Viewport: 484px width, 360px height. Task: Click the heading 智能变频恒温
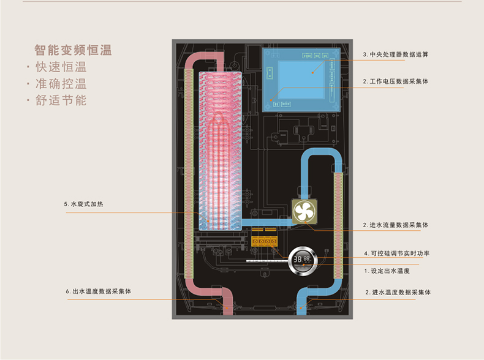(x=73, y=50)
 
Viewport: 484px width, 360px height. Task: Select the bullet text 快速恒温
(x=60, y=67)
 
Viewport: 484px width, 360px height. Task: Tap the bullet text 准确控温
(x=60, y=83)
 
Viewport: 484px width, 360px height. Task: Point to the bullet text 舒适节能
(x=60, y=100)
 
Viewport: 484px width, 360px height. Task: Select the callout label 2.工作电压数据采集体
(x=395, y=81)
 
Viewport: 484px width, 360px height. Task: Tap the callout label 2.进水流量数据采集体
(x=395, y=225)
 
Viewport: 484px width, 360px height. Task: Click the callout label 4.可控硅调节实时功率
(x=396, y=253)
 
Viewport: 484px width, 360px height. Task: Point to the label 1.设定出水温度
(x=387, y=270)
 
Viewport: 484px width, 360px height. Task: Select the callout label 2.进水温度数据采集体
(x=398, y=292)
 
